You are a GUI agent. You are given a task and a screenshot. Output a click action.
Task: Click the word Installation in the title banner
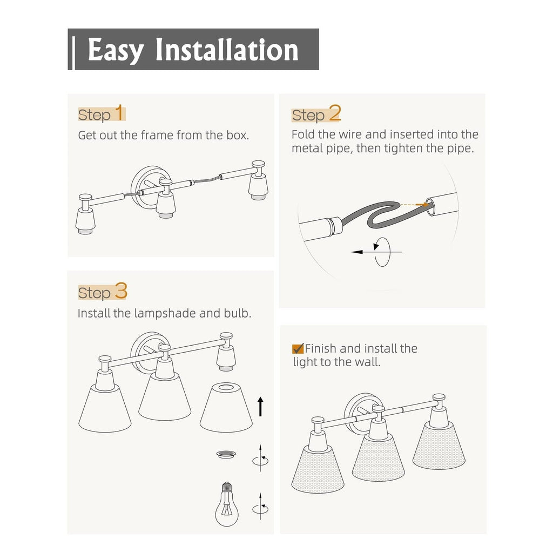(227, 50)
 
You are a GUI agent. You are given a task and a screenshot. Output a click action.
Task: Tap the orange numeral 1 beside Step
(120, 113)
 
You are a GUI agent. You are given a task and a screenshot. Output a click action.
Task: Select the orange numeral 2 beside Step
(335, 113)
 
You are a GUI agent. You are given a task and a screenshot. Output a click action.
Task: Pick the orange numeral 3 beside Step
(120, 291)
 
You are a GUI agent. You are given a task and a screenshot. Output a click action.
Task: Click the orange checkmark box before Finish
(298, 348)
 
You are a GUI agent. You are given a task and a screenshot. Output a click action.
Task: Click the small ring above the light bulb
(226, 454)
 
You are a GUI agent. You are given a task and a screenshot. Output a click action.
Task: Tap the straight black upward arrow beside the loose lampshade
(261, 406)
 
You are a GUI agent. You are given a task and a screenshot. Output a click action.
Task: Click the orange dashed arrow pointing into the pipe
(414, 204)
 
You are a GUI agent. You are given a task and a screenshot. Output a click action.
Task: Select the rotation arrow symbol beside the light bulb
(261, 507)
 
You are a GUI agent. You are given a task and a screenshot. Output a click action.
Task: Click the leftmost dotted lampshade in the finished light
(319, 469)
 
